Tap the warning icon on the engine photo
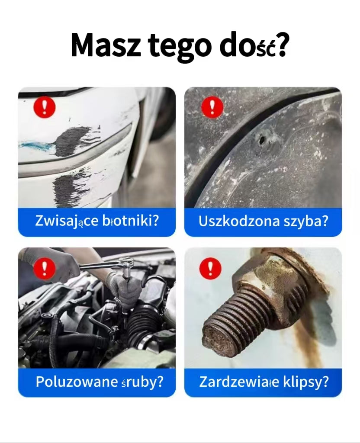point(45,269)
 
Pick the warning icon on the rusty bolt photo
point(210,269)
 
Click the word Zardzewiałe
point(239,382)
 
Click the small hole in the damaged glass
point(261,140)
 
